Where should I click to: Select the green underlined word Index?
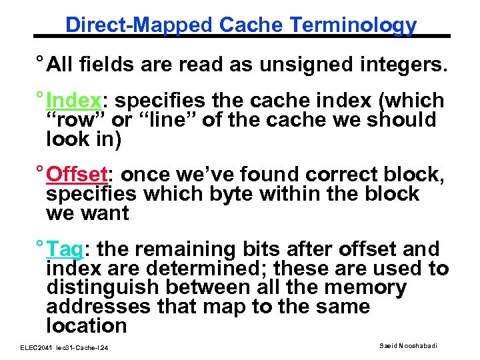[73, 101]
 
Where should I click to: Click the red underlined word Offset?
[77, 175]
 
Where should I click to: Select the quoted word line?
[160, 121]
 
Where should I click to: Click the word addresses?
[97, 307]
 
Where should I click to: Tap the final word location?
[86, 326]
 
